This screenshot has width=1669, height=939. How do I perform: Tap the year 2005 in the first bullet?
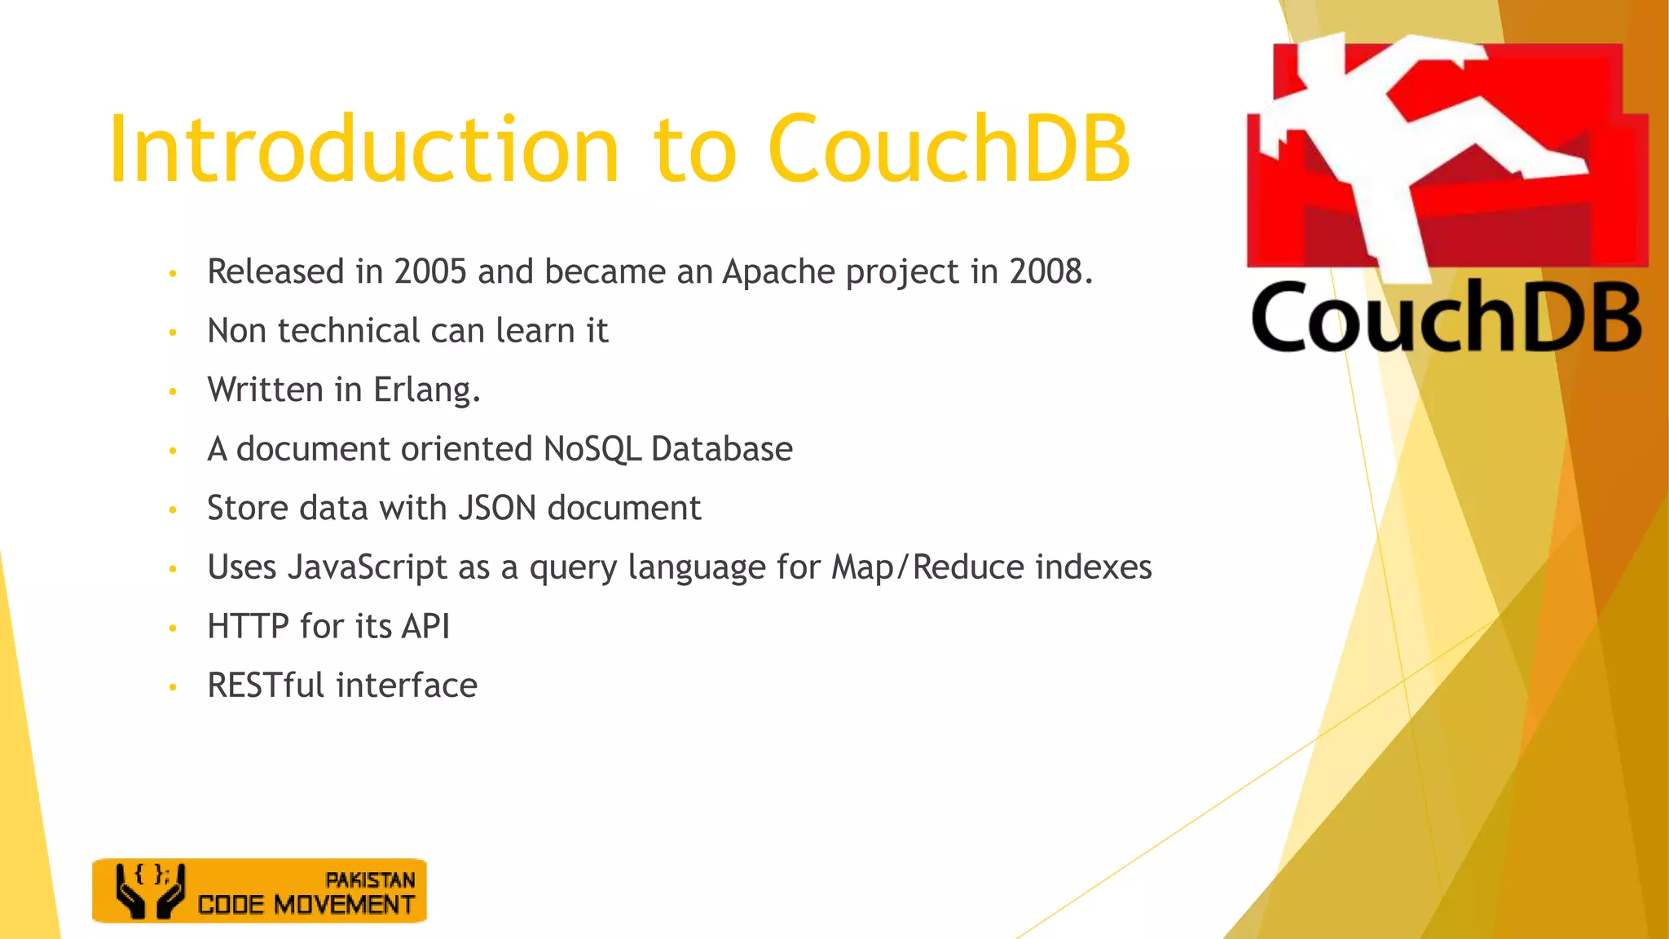tap(430, 271)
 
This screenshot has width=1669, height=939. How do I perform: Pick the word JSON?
tap(497, 509)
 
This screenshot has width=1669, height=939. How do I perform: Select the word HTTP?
tap(248, 627)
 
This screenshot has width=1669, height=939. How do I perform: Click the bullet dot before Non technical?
tap(173, 333)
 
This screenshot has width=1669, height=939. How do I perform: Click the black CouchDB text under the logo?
tap(1446, 319)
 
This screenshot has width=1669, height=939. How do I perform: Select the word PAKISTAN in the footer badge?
tap(370, 880)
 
